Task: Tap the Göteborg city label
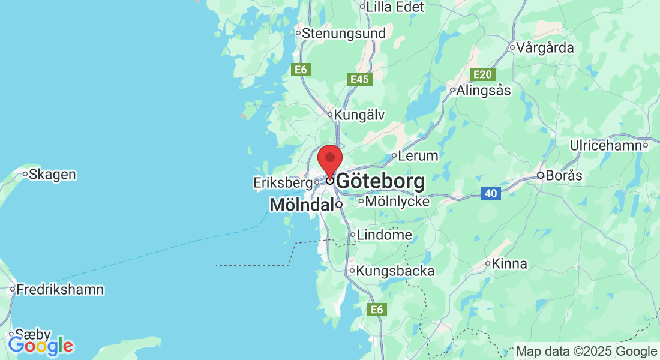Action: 381,181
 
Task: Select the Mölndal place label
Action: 302,205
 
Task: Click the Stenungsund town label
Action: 344,34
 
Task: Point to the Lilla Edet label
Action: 395,7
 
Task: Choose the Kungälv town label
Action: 359,114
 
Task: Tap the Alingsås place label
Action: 484,91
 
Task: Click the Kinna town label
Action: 509,263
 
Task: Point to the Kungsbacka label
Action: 395,271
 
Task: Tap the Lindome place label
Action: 384,235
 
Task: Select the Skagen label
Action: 53,175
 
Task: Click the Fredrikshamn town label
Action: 60,290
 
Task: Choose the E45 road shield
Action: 359,79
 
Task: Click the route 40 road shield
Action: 491,193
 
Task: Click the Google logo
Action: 40,346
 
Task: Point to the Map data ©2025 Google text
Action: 586,352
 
